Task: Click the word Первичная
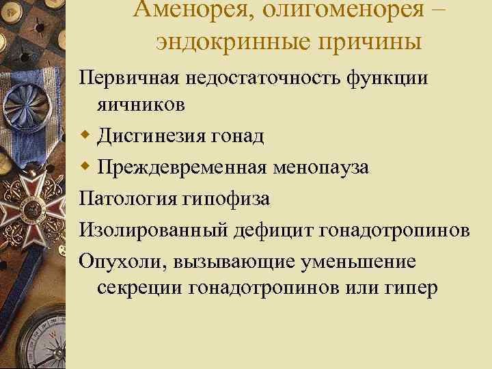tap(129, 77)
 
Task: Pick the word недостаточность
tap(262, 77)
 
